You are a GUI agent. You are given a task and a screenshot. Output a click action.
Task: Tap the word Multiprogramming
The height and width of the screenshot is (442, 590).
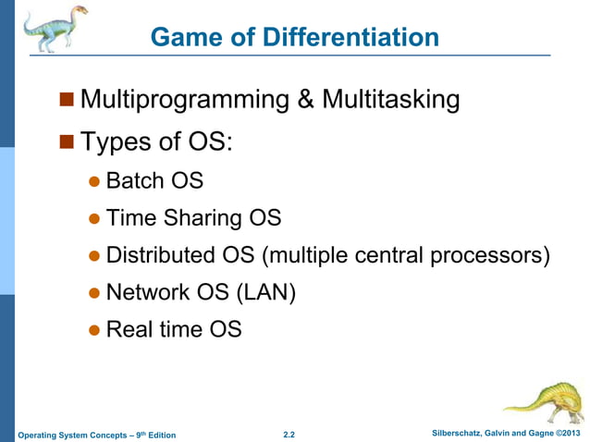click(x=185, y=100)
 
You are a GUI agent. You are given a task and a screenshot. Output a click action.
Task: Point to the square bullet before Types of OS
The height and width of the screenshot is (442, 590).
click(x=66, y=141)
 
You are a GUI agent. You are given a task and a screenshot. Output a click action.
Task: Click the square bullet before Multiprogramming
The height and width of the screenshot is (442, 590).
click(x=66, y=99)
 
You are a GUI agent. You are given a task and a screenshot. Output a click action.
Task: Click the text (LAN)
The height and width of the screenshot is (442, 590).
click(x=264, y=292)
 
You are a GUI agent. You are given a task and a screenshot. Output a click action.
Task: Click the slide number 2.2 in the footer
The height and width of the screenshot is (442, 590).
click(x=289, y=434)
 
